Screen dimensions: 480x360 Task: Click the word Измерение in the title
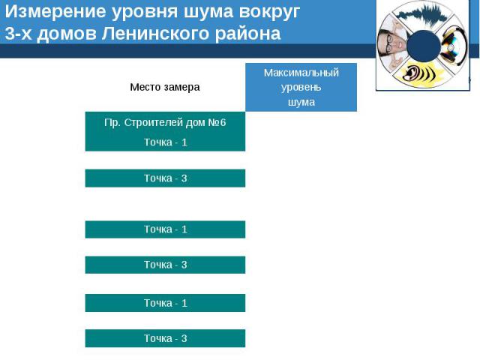(x=55, y=12)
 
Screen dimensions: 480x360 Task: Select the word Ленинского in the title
(x=155, y=33)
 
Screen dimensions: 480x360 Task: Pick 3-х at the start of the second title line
(x=18, y=34)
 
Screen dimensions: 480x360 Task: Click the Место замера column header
(x=165, y=87)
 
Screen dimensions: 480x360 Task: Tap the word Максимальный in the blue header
(x=301, y=73)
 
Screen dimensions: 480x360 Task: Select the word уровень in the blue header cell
(x=301, y=88)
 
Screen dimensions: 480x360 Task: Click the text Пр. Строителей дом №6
(x=165, y=122)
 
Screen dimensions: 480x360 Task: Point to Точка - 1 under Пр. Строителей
(x=165, y=142)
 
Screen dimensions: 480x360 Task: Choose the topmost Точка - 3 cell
(x=165, y=178)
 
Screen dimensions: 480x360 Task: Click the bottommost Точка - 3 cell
(x=165, y=338)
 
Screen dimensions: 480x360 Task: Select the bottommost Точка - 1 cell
(x=165, y=303)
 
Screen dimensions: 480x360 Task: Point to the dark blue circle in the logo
(x=424, y=46)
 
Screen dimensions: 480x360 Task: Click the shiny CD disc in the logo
(x=452, y=45)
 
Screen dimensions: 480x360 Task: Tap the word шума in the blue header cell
(x=301, y=102)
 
